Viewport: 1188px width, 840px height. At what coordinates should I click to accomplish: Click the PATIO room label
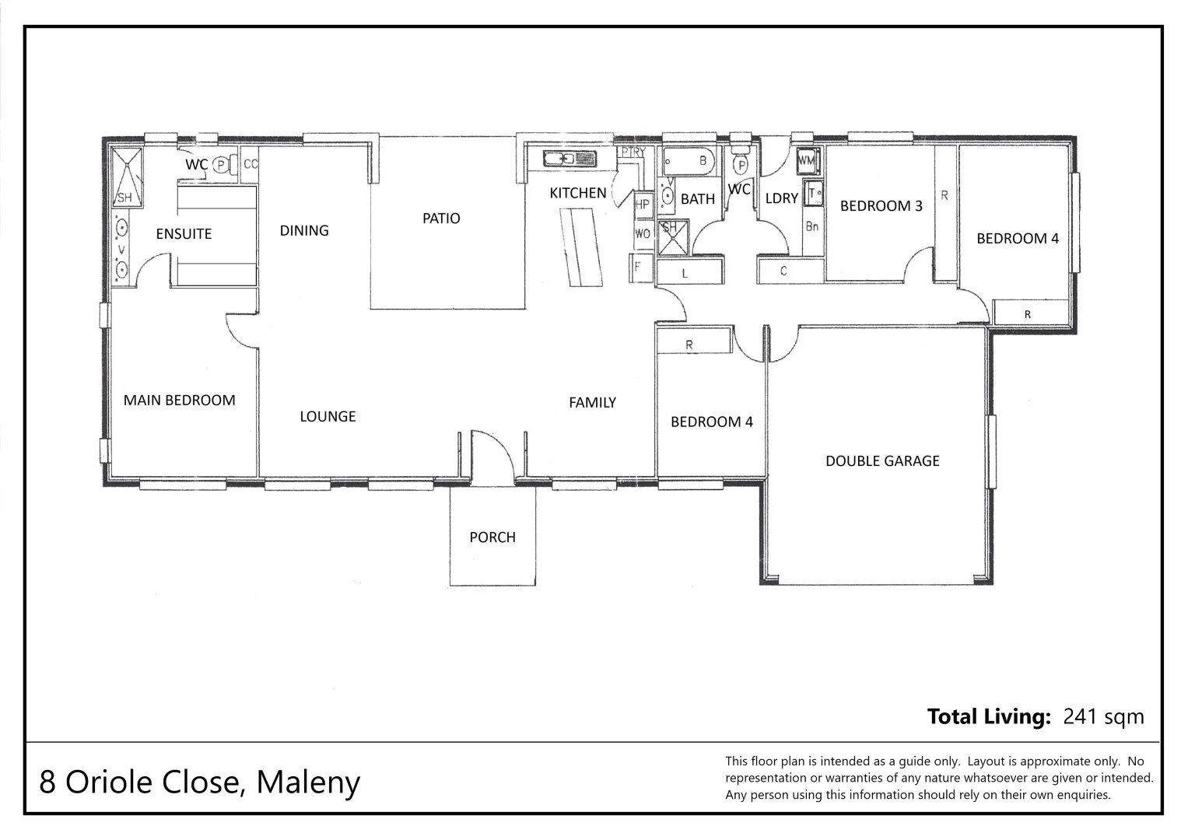(441, 219)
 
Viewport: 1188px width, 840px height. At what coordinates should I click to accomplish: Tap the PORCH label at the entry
(492, 537)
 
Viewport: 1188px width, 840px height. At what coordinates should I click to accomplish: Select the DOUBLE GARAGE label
(882, 461)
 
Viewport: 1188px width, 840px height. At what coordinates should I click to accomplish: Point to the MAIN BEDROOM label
(179, 401)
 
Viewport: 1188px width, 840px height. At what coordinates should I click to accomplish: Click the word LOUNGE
(328, 417)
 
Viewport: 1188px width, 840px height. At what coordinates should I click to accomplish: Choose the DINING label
(304, 231)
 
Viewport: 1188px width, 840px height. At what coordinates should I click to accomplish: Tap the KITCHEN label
(577, 194)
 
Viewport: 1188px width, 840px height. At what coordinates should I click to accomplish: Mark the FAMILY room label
(592, 403)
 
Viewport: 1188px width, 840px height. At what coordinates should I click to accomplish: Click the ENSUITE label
(184, 234)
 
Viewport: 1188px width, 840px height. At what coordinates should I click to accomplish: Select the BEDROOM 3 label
(881, 206)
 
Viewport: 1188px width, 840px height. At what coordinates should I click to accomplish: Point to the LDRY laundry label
(781, 199)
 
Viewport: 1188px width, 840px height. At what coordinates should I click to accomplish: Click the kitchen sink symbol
(569, 159)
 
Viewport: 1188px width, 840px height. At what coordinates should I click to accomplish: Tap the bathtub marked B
(689, 162)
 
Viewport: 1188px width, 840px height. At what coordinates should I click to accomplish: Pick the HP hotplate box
(643, 205)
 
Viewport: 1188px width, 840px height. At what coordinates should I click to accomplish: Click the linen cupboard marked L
(685, 273)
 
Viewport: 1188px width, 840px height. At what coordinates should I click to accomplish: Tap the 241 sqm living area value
(1103, 716)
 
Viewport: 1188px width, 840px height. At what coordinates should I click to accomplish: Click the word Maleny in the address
(308, 782)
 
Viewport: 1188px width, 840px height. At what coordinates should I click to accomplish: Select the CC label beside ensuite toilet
(250, 165)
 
